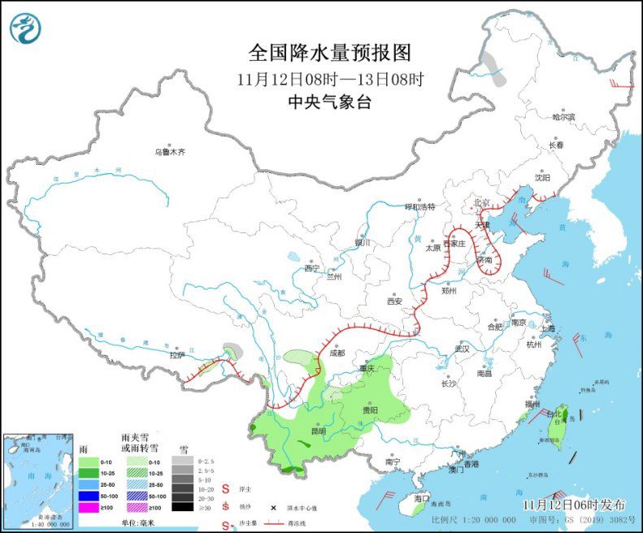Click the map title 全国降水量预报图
tap(329, 53)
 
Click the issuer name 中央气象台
tap(329, 102)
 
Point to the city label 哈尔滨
tap(563, 118)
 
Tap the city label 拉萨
tap(176, 354)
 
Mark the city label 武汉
tap(463, 348)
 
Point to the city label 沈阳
tap(542, 177)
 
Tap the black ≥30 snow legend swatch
tap(182, 507)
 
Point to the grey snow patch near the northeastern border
tap(493, 69)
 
